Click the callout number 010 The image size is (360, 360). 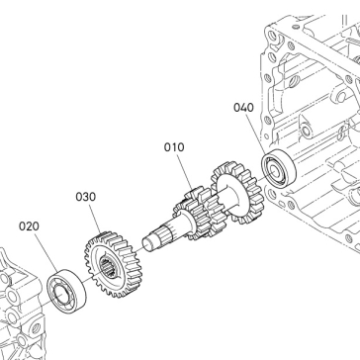click(x=174, y=147)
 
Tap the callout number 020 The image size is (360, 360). click(x=29, y=226)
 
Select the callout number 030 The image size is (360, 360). click(x=86, y=197)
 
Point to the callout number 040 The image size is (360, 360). click(x=243, y=108)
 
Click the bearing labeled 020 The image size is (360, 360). click(x=66, y=291)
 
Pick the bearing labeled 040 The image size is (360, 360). click(x=279, y=169)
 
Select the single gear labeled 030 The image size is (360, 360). click(x=113, y=264)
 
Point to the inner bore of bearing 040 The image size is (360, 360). click(x=274, y=171)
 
